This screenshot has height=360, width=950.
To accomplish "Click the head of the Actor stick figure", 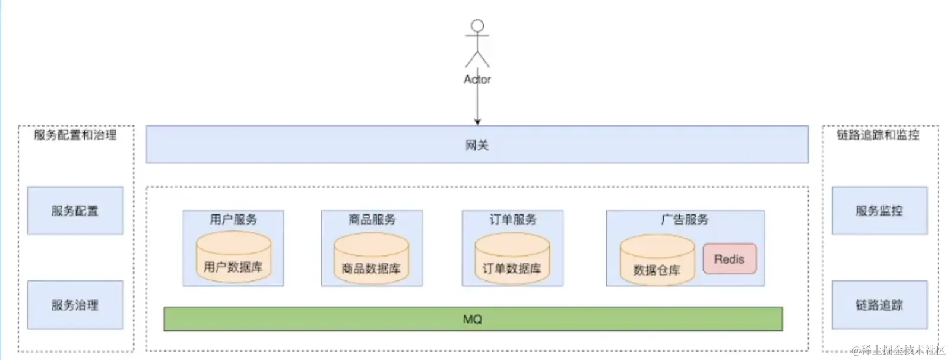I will coord(477,26).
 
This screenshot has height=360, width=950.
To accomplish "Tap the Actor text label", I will coord(477,79).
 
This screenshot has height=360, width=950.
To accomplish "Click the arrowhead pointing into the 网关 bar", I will coord(477,122).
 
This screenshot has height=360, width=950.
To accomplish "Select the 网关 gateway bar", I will coord(477,144).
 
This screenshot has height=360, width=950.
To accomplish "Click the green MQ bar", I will coord(473,319).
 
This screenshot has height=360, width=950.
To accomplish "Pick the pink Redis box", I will coord(729,259).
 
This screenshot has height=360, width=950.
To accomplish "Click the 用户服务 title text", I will coord(233,219).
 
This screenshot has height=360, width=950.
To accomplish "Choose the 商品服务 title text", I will coord(372,219).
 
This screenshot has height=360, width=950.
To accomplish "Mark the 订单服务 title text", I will coord(512,219).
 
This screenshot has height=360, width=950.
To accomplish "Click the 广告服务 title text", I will coord(685,219).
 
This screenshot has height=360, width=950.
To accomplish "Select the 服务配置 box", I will coord(75,210).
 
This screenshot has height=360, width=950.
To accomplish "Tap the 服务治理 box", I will coord(75,305).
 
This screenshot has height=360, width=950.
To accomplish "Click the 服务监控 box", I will coord(879,210).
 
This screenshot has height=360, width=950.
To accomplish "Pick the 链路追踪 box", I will coord(879,305).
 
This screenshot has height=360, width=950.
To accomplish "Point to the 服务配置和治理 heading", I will coord(75,135).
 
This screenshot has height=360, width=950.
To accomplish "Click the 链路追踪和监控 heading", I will coord(878,135).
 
